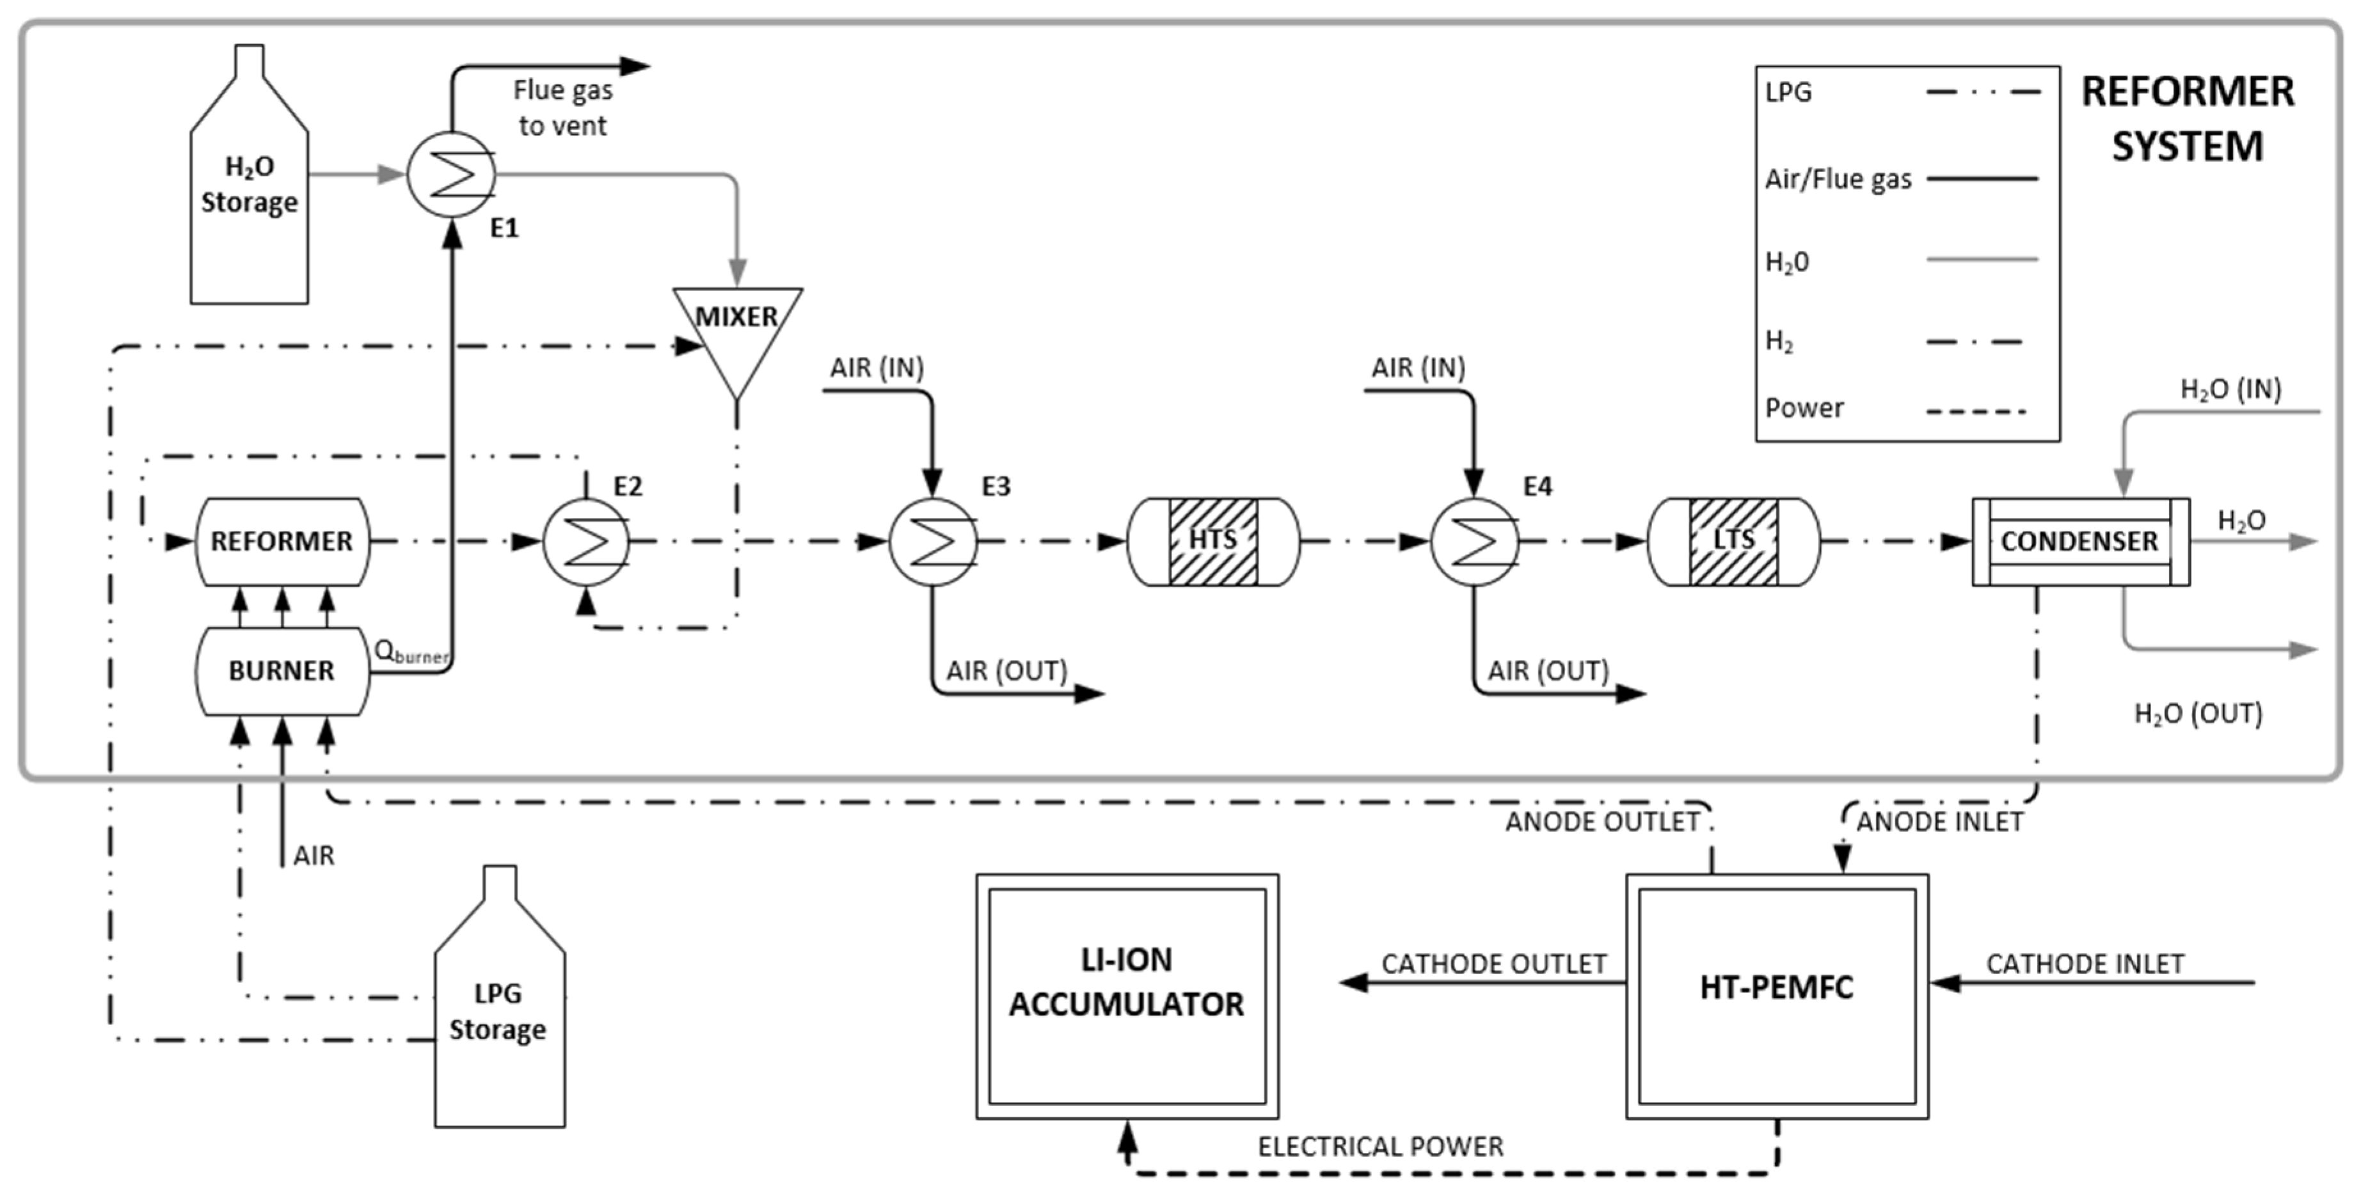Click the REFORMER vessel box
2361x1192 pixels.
[x=282, y=542]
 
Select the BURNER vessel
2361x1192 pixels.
[x=282, y=671]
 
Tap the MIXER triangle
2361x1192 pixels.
[x=738, y=339]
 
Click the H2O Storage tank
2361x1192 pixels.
[x=250, y=174]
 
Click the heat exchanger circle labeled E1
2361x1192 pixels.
[x=451, y=174]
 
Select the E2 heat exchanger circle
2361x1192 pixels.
[x=587, y=542]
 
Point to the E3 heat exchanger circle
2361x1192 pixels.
[x=933, y=542]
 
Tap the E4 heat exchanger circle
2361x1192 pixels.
[x=1474, y=542]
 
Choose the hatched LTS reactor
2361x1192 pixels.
[x=1734, y=542]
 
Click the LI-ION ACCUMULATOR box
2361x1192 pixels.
[x=1127, y=996]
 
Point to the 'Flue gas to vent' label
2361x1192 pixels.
[x=563, y=108]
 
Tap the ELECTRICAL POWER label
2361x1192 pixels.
[x=1380, y=1146]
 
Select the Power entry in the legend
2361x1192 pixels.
[x=1895, y=409]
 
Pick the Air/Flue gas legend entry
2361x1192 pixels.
[x=1902, y=178]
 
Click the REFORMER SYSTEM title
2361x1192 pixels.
[x=2188, y=119]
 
